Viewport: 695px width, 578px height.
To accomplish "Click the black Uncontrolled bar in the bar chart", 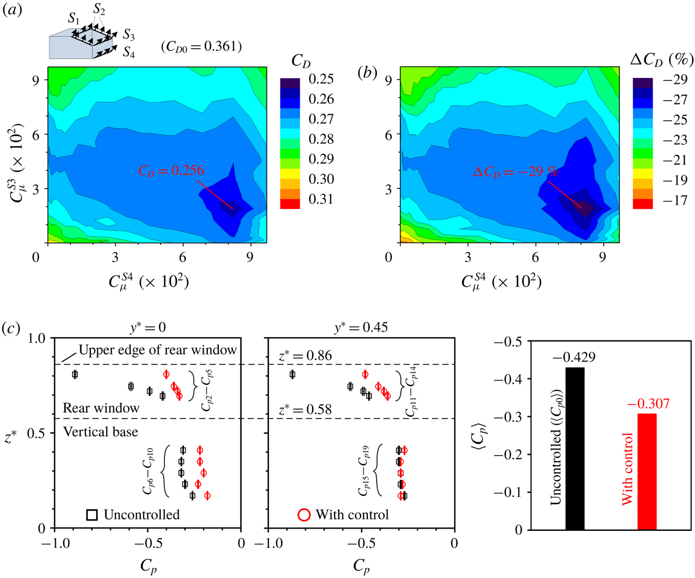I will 575,448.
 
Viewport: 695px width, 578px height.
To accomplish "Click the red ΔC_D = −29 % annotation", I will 516,172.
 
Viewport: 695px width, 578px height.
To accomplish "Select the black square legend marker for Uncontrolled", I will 92,514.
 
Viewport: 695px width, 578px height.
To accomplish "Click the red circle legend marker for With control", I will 303,514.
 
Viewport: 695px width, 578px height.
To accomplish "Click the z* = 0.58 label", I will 304,410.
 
